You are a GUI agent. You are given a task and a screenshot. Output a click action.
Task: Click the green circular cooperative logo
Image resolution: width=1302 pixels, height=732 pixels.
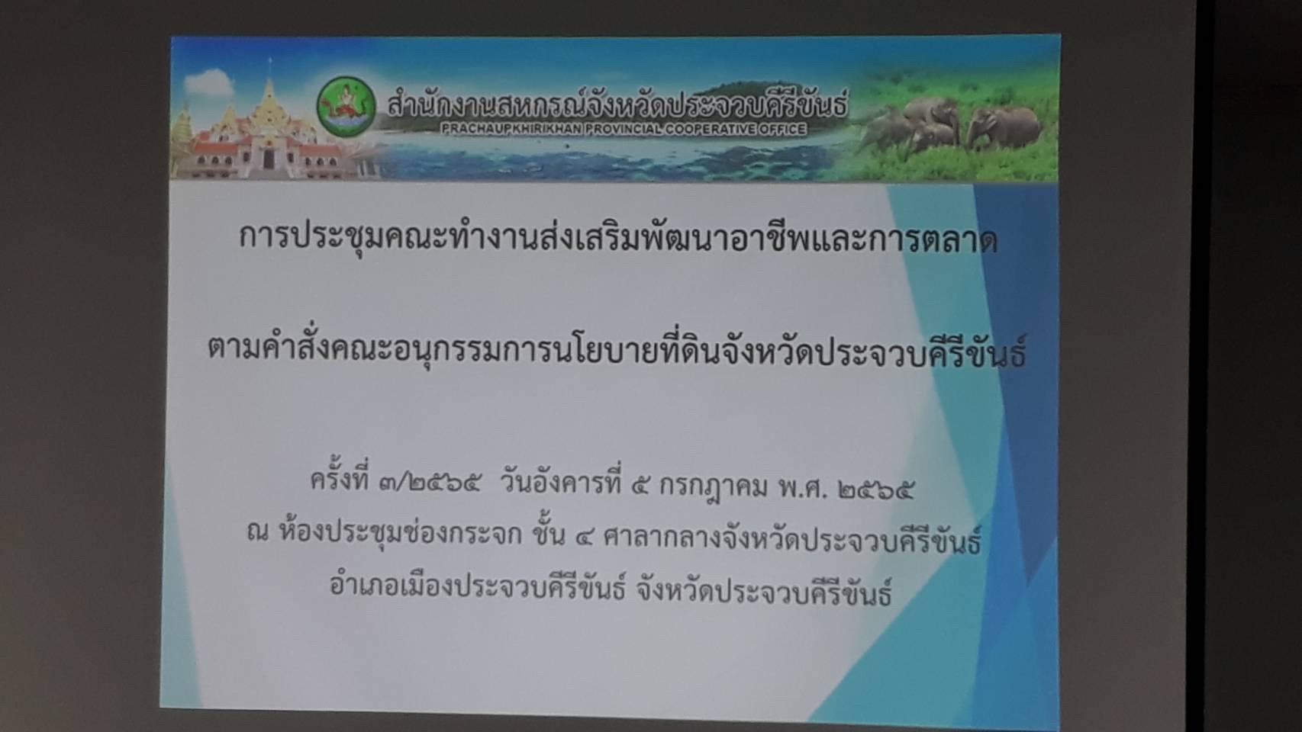[x=346, y=108]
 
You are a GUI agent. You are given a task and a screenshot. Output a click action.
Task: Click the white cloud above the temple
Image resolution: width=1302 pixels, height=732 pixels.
[x=209, y=83]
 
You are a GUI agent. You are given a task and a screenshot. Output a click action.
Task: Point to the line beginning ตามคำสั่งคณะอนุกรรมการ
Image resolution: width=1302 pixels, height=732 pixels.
[x=617, y=352]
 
